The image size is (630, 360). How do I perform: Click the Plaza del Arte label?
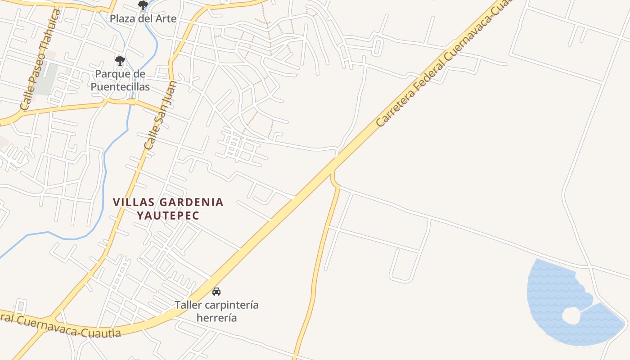[x=143, y=19]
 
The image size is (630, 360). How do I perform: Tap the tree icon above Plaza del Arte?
[x=143, y=6]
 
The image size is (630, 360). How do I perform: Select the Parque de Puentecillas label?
[x=120, y=80]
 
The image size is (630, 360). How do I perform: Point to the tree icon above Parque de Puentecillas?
[x=120, y=60]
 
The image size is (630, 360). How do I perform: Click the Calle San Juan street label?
[x=160, y=115]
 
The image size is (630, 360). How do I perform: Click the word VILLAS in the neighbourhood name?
[x=130, y=202]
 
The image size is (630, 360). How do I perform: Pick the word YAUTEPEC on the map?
[x=168, y=216]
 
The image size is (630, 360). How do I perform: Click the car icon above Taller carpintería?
[x=216, y=291]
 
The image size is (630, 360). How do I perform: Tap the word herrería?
[x=216, y=318]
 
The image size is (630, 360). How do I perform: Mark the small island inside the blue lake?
[x=571, y=315]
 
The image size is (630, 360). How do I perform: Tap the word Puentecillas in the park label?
[x=120, y=87]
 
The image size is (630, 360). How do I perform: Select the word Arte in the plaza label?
[x=166, y=19]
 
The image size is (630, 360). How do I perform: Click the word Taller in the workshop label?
[x=188, y=305]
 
